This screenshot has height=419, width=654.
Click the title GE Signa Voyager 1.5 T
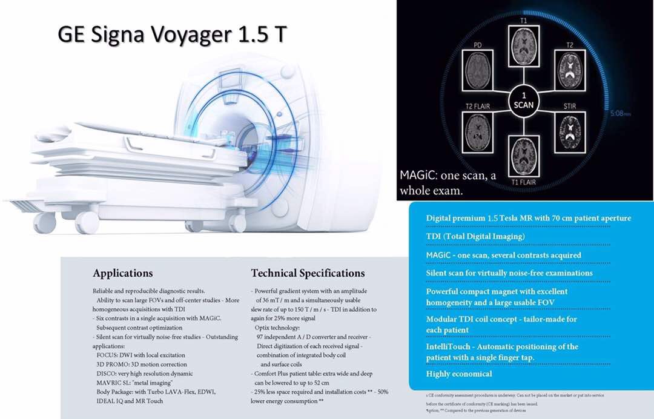pos(172,34)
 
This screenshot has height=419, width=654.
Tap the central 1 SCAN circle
pos(523,101)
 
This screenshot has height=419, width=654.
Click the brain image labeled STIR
pos(570,133)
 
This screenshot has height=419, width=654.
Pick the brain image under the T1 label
pos(523,45)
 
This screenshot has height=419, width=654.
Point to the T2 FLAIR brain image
pos(478,133)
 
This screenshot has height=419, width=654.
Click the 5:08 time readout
pos(621,113)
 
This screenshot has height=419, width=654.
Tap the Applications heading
pos(122,274)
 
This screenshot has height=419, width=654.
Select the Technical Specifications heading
pos(308,274)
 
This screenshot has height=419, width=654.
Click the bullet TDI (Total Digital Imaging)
pos(475,236)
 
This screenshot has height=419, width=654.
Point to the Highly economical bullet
pos(459,374)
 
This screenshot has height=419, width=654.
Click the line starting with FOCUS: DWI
pos(140,355)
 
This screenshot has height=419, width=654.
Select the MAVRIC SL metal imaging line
pos(134,383)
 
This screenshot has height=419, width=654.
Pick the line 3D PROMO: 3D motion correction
pos(141,365)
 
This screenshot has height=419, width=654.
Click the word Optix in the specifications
pos(263,328)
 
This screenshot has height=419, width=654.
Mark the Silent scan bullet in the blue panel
pos(509,274)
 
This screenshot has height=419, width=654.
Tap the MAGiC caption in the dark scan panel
pos(448,183)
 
